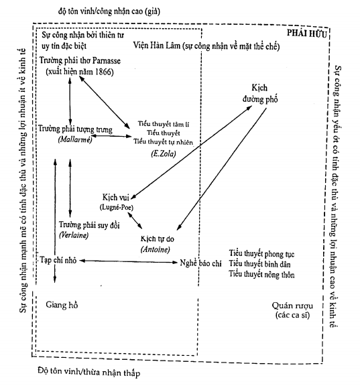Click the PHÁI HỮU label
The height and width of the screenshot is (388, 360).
(307, 33)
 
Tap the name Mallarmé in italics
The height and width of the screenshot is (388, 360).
(75, 139)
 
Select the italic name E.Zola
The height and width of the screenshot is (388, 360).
(164, 154)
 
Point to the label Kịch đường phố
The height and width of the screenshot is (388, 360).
(260, 93)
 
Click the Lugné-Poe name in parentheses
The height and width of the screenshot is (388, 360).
(117, 207)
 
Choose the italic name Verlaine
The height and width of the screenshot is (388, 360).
(74, 235)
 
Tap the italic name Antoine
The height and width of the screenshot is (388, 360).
(156, 249)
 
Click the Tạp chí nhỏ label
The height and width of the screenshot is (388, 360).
(58, 260)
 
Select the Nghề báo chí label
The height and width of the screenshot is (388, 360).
(200, 263)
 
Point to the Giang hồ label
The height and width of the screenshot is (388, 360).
(62, 305)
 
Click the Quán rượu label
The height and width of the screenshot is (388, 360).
(292, 306)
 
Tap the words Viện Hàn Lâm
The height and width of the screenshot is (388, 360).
(156, 46)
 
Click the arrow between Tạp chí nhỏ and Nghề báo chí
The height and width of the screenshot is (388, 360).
(129, 261)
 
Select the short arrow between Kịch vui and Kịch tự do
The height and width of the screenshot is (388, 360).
(135, 220)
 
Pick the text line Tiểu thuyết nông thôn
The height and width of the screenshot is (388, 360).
(261, 274)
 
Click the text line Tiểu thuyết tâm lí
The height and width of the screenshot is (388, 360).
(164, 124)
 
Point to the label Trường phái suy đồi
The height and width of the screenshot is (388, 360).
(89, 225)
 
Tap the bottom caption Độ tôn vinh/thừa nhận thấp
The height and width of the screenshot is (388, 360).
(89, 372)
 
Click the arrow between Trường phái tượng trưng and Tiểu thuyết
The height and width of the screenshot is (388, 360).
(111, 136)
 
